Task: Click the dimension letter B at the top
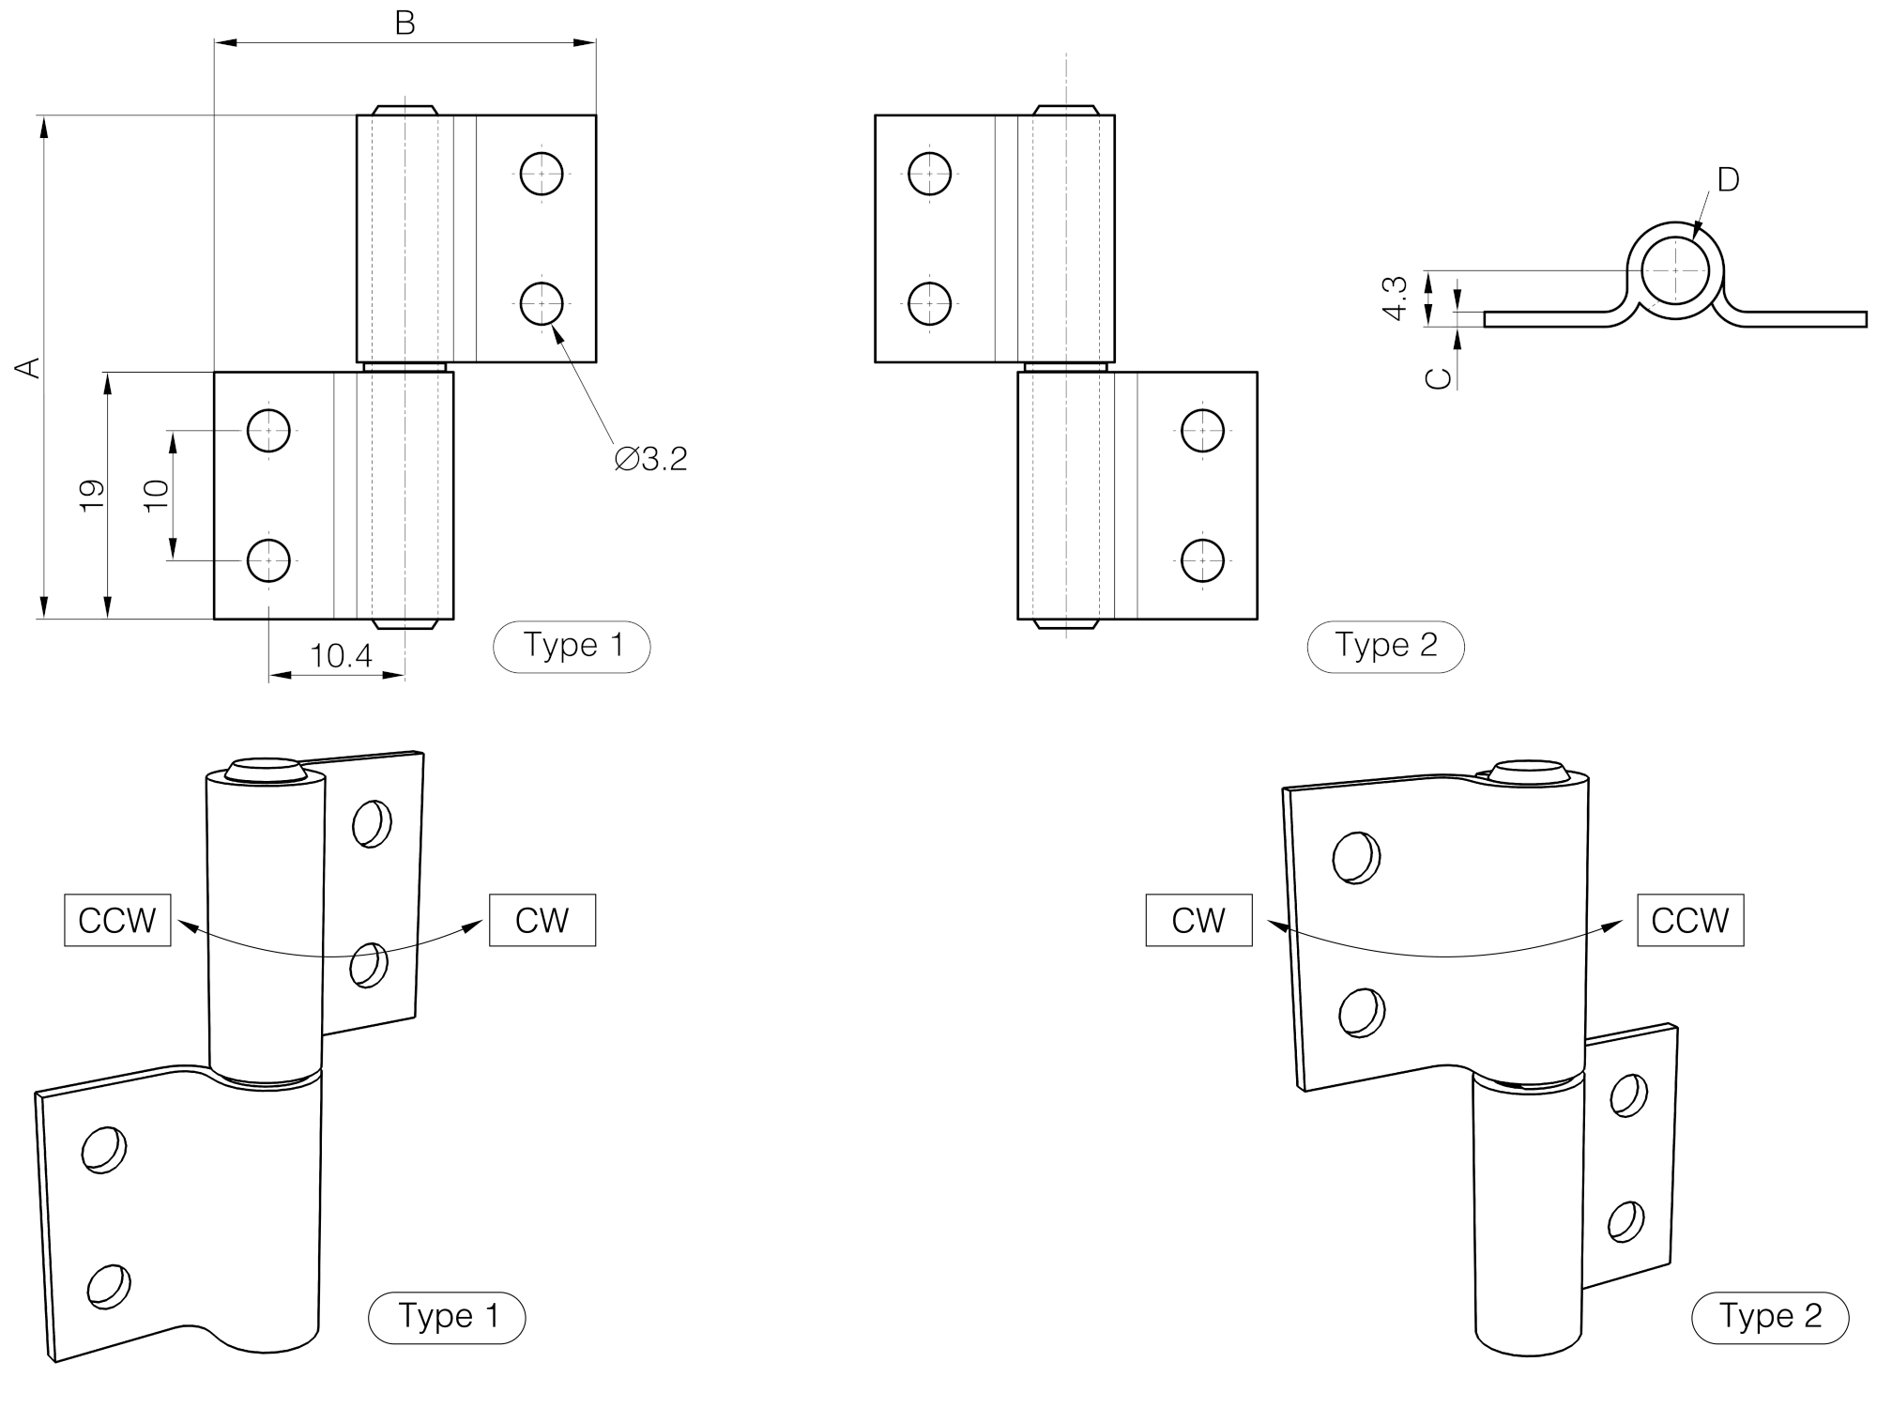tap(404, 23)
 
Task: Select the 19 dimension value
tap(92, 495)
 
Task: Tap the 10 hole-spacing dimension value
tap(157, 495)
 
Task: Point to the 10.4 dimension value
tap(341, 655)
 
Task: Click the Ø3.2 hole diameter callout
tap(651, 459)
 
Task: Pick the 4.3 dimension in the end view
tap(1396, 298)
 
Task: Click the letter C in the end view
tap(1439, 377)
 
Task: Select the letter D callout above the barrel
tap(1728, 179)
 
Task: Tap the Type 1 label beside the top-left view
tap(572, 646)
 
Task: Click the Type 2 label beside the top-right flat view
tap(1385, 646)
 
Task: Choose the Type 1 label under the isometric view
tap(447, 1317)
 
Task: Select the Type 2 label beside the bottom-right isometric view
tap(1769, 1317)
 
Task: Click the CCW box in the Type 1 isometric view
tap(117, 920)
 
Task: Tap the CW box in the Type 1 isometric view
tap(542, 920)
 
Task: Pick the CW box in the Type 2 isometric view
tap(1198, 920)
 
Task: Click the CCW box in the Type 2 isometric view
tap(1690, 920)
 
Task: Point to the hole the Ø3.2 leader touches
tap(542, 303)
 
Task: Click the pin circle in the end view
tap(1675, 270)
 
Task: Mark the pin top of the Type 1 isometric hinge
tap(266, 769)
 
